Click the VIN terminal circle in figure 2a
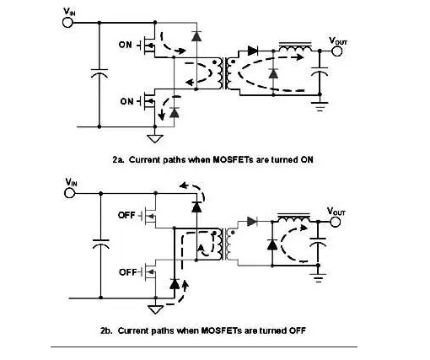[67, 23]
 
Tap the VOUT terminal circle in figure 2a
[336, 51]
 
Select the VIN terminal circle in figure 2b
[69, 193]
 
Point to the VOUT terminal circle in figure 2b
[335, 222]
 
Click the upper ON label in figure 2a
[125, 45]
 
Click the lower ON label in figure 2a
[126, 101]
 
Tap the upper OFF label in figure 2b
[126, 215]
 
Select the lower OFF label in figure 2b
[128, 272]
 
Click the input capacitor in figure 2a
[99, 73]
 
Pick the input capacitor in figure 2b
[101, 244]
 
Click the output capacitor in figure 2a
[320, 72]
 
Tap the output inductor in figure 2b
[294, 218]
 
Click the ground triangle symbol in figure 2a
[155, 138]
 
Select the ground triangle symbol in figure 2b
[155, 309]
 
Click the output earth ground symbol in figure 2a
[320, 107]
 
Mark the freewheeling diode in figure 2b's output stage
[272, 244]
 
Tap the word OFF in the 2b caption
[298, 330]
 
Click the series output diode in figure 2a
[253, 51]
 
